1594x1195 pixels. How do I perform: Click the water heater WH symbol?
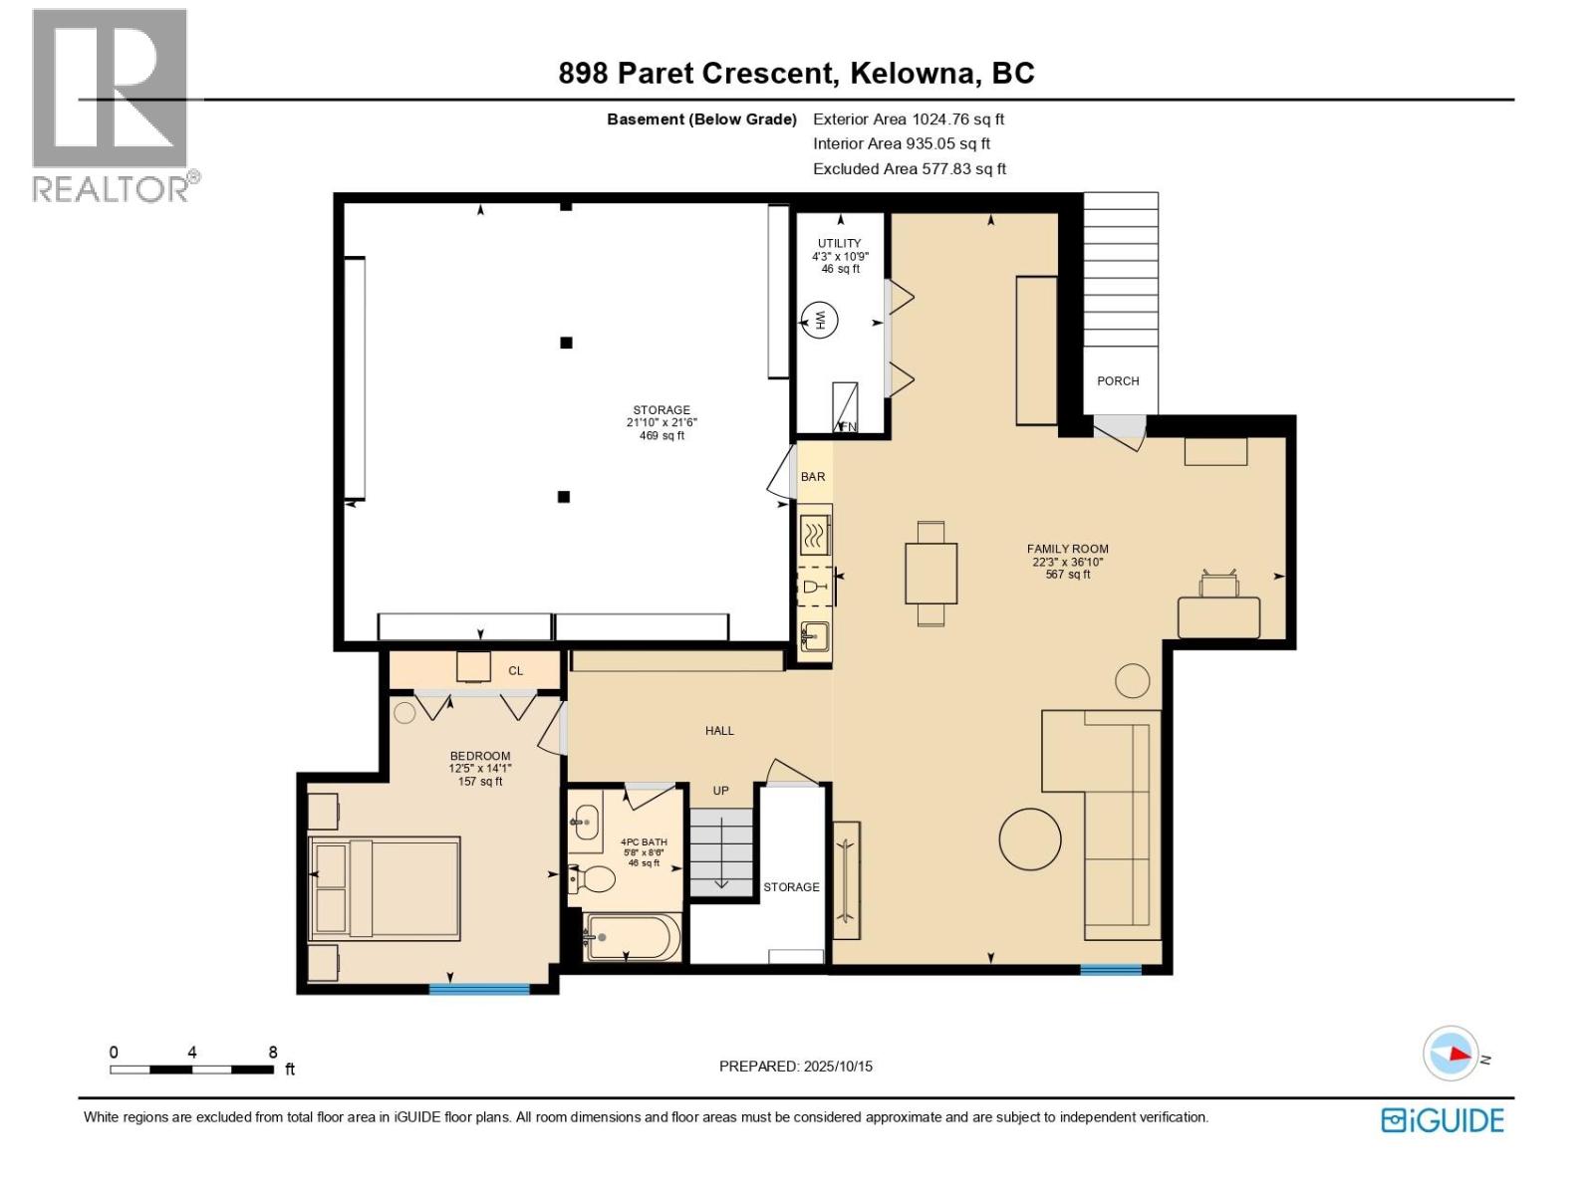click(821, 320)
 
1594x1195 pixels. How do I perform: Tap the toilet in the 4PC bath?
click(595, 879)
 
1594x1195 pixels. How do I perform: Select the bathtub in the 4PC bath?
click(632, 937)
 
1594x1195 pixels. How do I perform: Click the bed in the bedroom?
click(386, 888)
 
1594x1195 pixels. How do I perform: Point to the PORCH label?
click(1118, 381)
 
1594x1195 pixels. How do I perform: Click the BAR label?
click(813, 477)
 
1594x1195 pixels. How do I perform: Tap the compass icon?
click(1451, 1054)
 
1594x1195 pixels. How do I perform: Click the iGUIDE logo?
click(1442, 1120)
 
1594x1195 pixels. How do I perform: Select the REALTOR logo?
click(112, 105)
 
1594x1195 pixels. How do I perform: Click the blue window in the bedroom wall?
click(479, 989)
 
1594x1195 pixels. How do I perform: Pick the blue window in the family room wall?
click(1111, 969)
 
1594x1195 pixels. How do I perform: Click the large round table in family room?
click(1030, 838)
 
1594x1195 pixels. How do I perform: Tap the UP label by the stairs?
click(720, 791)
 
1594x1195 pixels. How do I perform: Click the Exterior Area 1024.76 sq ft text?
click(909, 119)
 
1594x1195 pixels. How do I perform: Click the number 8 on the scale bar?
click(273, 1053)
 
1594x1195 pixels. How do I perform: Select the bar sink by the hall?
click(815, 635)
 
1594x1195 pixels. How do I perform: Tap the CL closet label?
click(515, 671)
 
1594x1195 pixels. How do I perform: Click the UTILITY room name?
click(839, 243)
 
